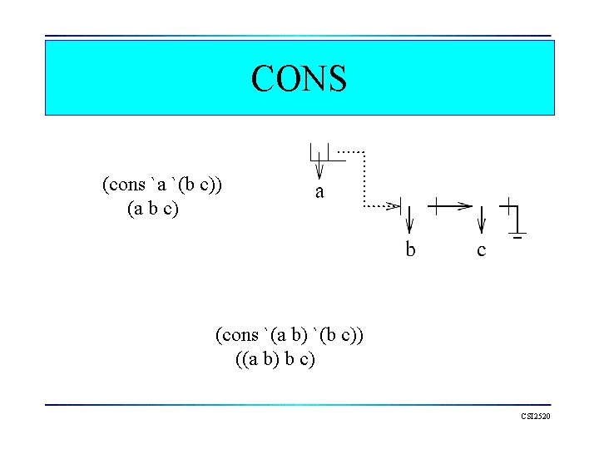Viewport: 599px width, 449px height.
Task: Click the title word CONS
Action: pos(299,78)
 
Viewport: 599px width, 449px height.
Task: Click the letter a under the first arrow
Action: pos(319,192)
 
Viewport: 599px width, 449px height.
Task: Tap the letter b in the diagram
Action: pos(410,249)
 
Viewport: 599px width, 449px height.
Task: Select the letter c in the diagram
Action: pos(482,249)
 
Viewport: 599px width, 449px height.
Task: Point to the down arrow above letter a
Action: pos(319,166)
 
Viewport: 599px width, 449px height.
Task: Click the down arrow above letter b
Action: pos(410,220)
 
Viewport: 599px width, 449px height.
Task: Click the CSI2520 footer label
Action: pos(536,416)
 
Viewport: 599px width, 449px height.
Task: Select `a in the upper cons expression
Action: pos(159,184)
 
